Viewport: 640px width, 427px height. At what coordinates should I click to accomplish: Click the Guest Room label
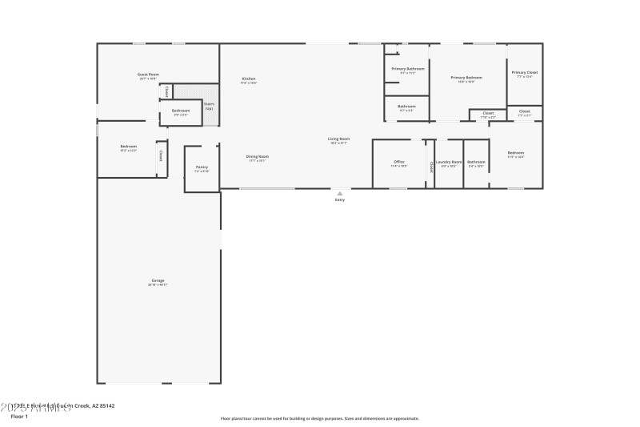pos(149,75)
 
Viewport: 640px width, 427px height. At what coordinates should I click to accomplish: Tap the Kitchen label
pos(249,79)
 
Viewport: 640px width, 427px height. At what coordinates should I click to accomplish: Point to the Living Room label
pos(339,139)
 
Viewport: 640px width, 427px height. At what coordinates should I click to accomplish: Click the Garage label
pos(158,280)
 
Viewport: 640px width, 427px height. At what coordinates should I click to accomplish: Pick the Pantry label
pos(202,167)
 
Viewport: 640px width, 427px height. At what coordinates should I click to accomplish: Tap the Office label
pos(399,162)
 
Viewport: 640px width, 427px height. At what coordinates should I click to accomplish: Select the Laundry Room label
pos(449,162)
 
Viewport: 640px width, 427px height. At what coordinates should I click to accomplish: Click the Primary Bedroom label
pos(466,78)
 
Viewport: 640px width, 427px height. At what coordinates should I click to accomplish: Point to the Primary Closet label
pos(525,73)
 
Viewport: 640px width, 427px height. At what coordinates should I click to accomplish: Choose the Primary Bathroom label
pos(408,69)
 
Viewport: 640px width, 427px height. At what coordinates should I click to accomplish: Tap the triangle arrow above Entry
pos(340,193)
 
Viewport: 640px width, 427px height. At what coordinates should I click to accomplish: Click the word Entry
pos(340,199)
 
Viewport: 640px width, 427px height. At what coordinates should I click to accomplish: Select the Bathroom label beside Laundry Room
pos(477,162)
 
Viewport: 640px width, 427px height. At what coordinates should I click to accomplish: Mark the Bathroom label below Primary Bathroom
pos(407,107)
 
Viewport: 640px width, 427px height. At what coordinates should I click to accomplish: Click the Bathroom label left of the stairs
pos(181,111)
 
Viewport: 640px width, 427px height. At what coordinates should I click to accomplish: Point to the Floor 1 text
pos(18,417)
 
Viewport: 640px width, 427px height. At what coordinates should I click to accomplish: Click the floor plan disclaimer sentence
pos(320,418)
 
